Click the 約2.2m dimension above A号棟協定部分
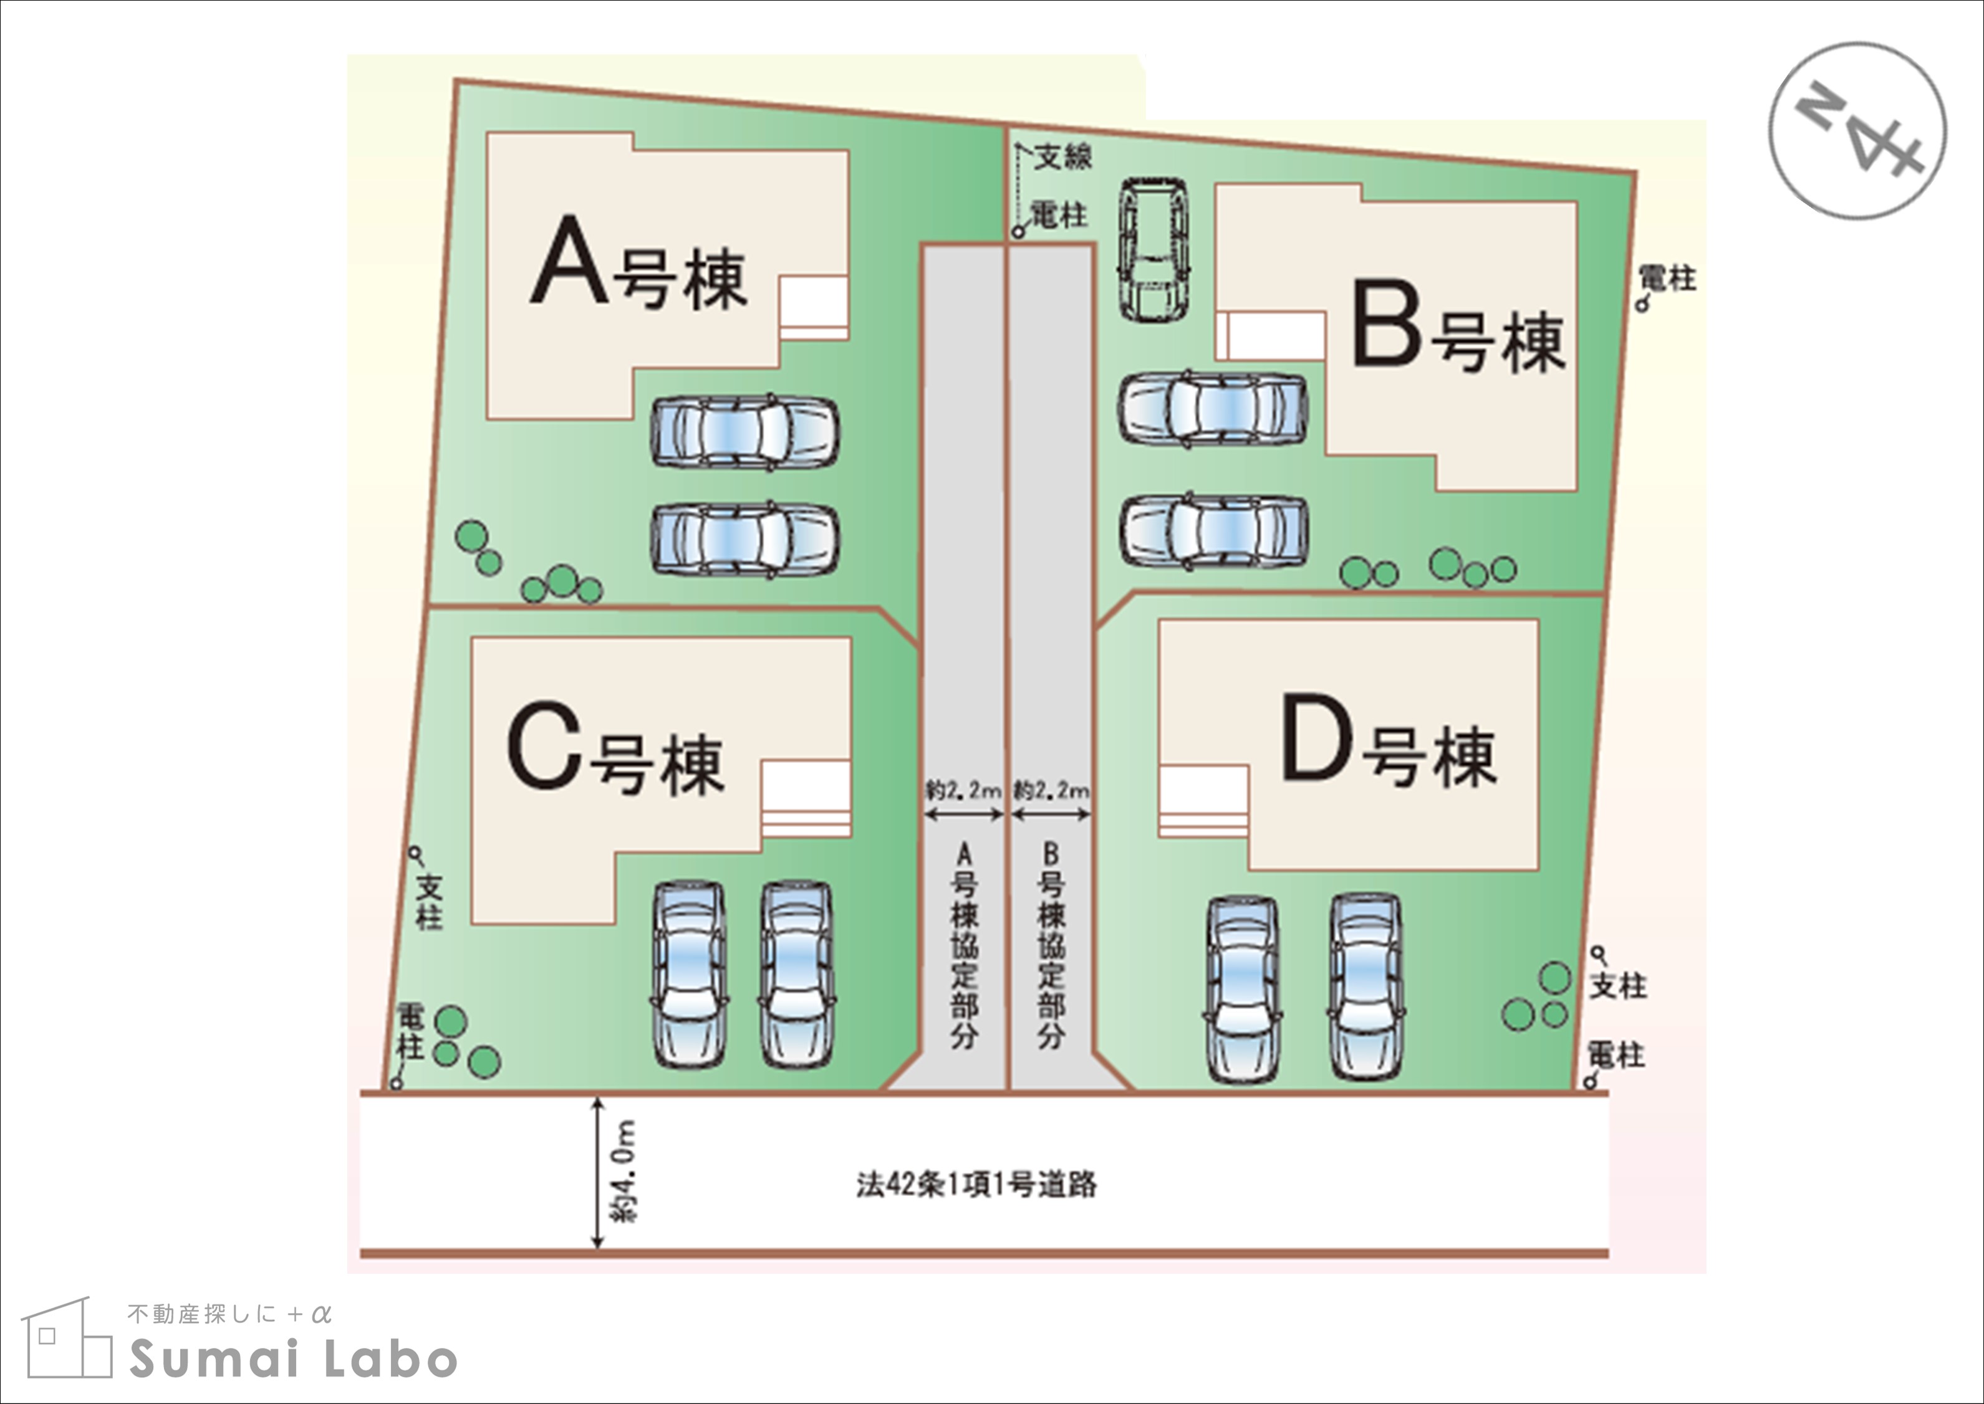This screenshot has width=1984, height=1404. coord(963,790)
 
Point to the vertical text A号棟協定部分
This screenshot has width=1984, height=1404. coord(965,947)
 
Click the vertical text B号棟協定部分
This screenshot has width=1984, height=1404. coord(1051,947)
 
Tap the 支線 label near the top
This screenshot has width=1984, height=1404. coord(1064,157)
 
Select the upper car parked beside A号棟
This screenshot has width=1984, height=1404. coord(744,432)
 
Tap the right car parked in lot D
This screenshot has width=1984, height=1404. coord(1365,987)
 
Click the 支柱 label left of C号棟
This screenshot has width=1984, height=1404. coord(429,901)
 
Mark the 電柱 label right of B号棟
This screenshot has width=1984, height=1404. coord(1667,279)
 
